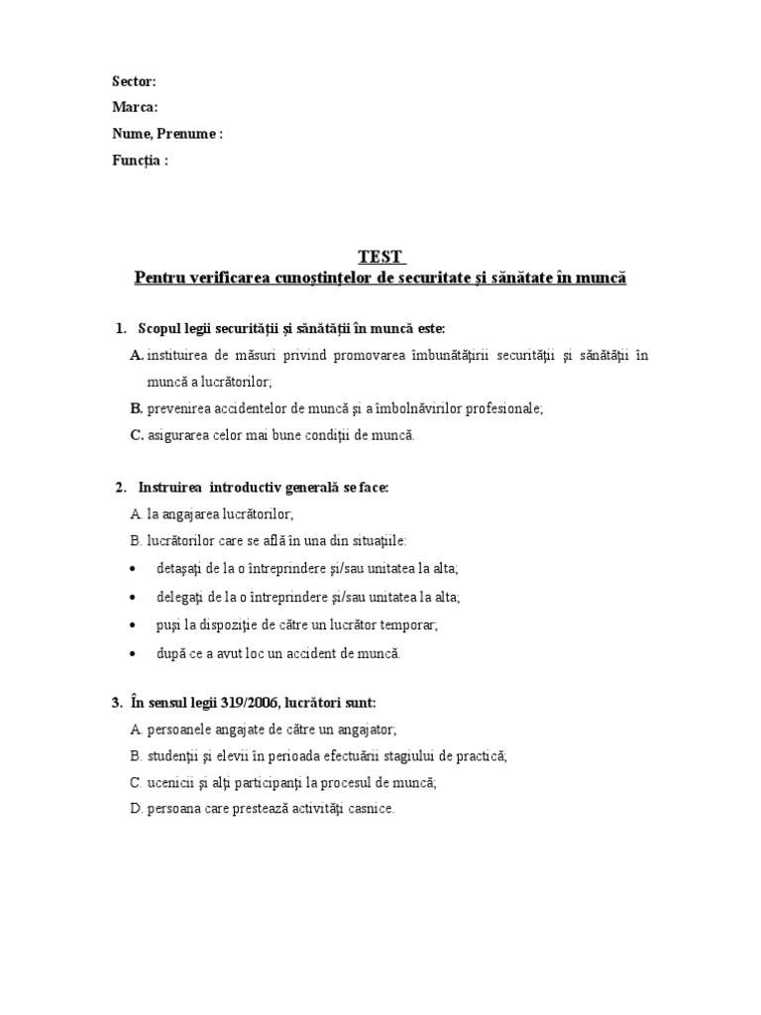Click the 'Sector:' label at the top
tap(134, 82)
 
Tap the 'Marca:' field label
tap(134, 108)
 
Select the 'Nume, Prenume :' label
tap(166, 134)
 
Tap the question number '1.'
tap(121, 328)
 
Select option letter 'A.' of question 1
tap(137, 355)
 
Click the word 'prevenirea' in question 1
tap(178, 407)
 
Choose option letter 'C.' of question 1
tap(137, 434)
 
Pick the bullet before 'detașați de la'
tap(133, 569)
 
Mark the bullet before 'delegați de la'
tap(133, 598)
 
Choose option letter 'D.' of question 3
tap(137, 809)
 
